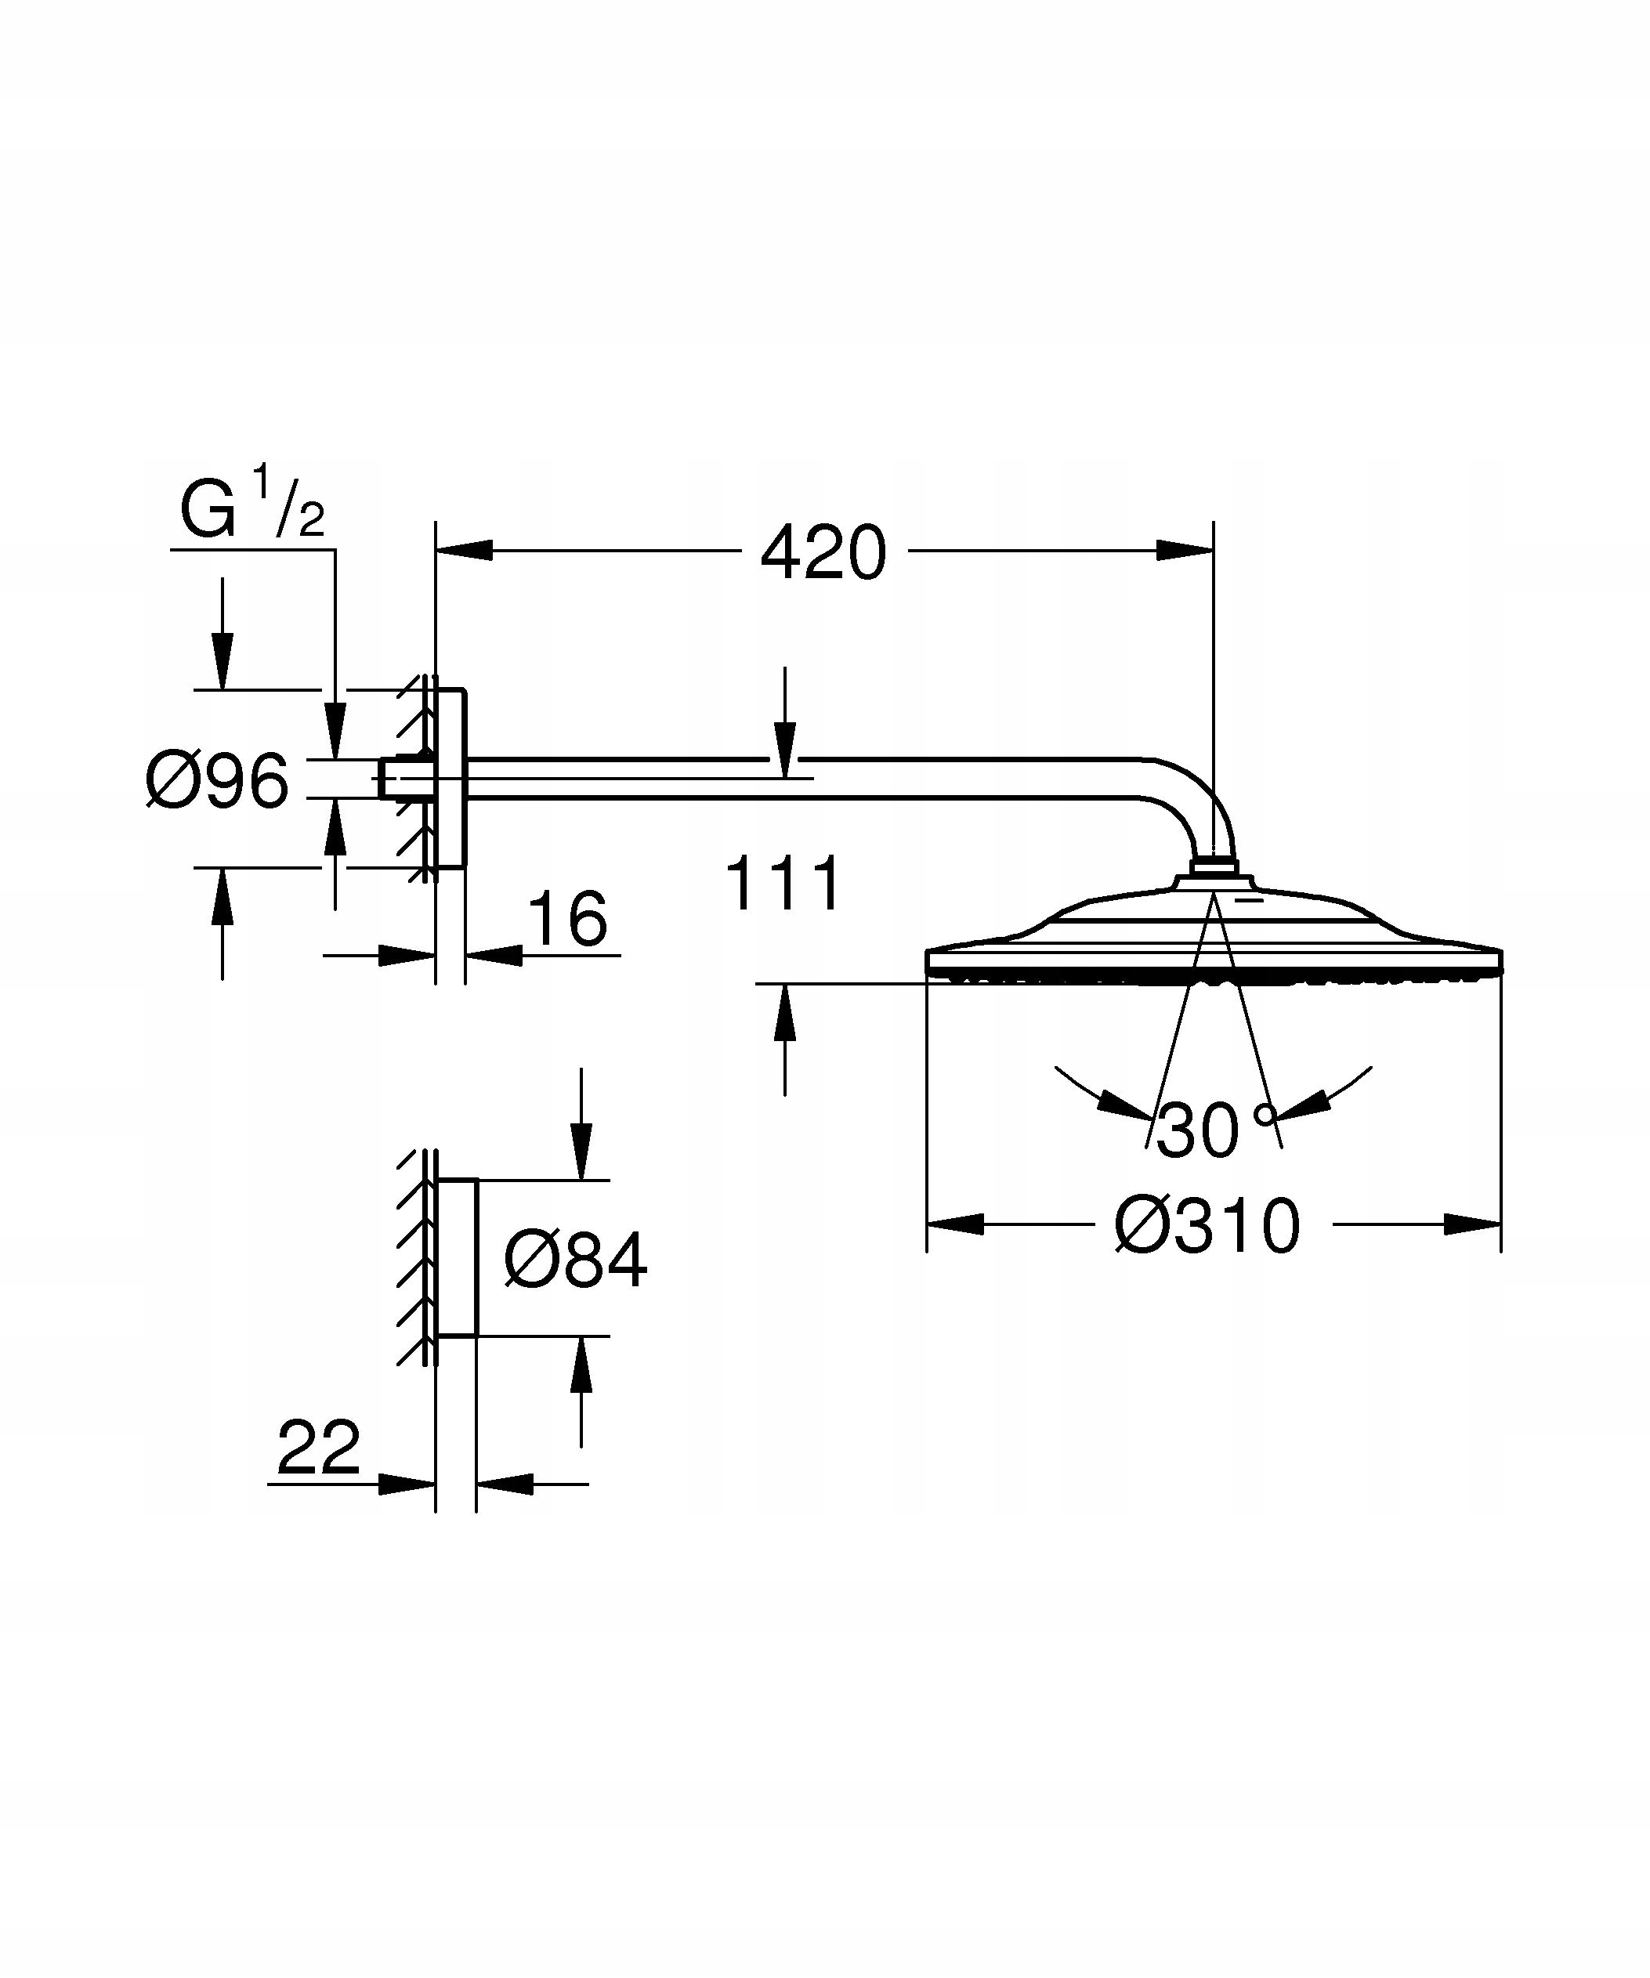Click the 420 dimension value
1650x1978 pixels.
pyautogui.click(x=823, y=554)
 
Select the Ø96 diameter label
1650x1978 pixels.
pyautogui.click(x=218, y=780)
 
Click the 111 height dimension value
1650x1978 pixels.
pyautogui.click(x=783, y=884)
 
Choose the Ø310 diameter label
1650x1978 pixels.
pyautogui.click(x=1207, y=1227)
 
